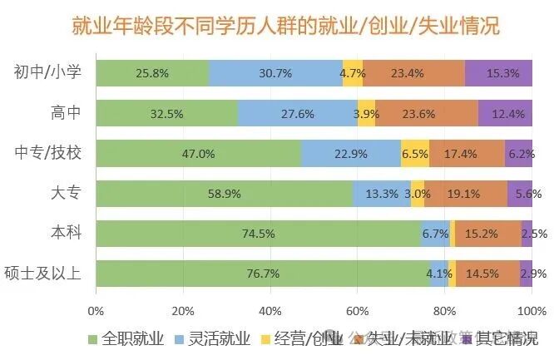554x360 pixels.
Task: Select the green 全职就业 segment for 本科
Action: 258,234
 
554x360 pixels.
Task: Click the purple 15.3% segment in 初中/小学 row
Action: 498,73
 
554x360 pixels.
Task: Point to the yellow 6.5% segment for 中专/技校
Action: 414,154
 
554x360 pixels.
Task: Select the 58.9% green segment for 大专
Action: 224,194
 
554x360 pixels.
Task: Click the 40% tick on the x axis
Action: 270,311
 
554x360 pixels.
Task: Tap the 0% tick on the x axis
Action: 96,311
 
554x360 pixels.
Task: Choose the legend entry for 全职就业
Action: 126,338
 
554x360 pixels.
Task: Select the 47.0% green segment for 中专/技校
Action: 198,154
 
